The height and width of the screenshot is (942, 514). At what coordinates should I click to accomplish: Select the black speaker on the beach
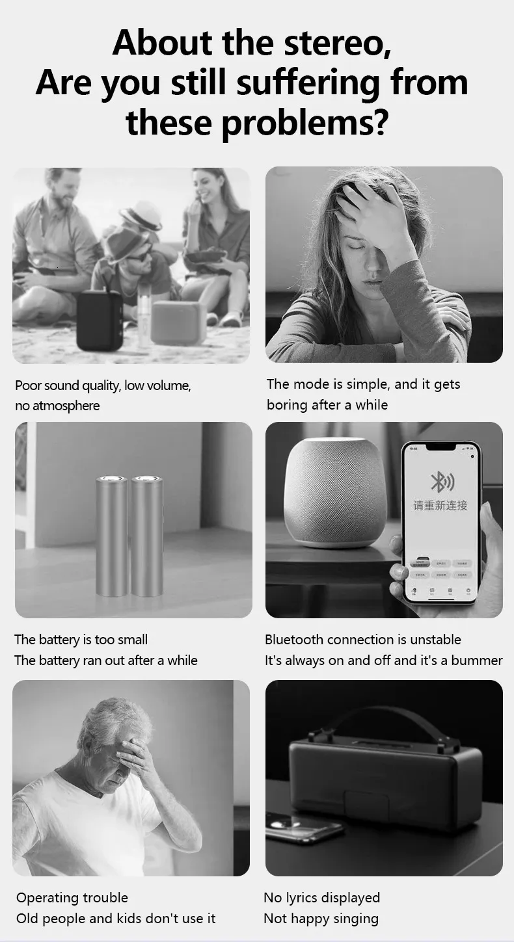[100, 320]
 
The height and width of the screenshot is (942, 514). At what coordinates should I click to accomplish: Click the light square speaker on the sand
[178, 321]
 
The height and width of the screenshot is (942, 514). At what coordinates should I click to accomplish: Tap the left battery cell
[112, 536]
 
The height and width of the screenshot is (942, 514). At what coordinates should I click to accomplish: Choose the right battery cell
[147, 536]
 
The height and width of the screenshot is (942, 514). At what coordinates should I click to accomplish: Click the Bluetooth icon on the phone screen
[442, 482]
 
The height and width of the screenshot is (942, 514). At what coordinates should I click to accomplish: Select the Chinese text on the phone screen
[440, 505]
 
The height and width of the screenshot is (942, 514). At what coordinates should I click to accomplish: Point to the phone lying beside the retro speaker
[304, 828]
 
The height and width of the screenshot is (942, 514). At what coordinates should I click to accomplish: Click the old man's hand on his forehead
[133, 754]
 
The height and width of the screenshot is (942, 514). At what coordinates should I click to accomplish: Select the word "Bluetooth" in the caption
[293, 640]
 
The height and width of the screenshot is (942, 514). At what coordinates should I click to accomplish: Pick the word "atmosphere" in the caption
[67, 406]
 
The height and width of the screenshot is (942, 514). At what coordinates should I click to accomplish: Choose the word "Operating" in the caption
[44, 898]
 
